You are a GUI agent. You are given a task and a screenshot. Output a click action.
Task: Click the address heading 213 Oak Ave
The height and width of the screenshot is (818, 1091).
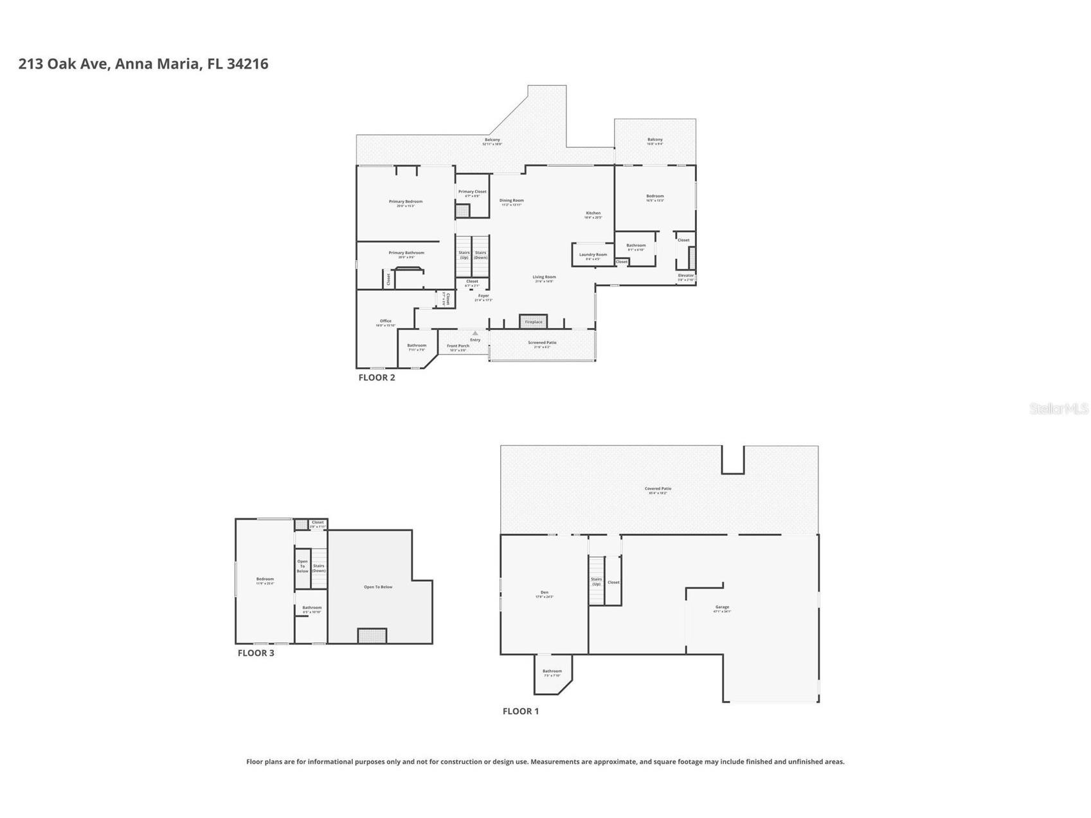[x=143, y=64]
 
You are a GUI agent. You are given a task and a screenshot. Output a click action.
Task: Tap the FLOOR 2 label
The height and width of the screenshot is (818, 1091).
[x=377, y=377]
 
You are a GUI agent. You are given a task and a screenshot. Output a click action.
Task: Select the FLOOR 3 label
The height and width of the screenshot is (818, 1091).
[x=256, y=653]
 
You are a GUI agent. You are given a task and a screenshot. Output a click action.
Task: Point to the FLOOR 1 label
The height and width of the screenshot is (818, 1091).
[x=521, y=711]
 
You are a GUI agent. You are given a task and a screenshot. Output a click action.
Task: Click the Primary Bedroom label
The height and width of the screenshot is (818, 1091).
[x=406, y=202]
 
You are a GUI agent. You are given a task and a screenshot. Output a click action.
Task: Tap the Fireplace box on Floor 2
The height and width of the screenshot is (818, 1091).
[x=533, y=322]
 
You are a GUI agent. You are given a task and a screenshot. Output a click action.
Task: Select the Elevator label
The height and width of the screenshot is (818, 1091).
[x=686, y=276]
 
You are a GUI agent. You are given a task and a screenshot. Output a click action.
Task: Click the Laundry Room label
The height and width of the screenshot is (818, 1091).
[x=593, y=255]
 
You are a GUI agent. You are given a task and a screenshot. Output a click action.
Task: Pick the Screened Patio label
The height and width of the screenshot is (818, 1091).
[x=542, y=343]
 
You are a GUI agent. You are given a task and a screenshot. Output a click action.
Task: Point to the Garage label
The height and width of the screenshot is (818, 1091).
[x=722, y=607]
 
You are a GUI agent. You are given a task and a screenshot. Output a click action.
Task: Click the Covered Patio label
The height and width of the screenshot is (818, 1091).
[x=658, y=489]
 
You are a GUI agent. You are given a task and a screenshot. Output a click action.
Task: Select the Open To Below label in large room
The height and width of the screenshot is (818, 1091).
[x=378, y=587]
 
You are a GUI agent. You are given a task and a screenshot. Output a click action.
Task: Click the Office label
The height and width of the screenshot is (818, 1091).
[x=386, y=321]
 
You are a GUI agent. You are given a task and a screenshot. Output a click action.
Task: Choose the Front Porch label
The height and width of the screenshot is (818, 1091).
[x=458, y=346]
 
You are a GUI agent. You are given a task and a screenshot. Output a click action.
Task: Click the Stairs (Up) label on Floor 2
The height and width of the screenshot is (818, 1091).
[x=464, y=255]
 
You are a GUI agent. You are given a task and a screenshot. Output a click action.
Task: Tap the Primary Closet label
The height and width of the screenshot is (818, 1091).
[x=472, y=192]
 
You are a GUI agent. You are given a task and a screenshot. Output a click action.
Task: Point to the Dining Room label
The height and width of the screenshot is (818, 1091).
[x=512, y=201]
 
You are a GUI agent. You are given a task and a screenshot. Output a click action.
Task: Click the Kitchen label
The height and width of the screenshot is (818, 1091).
[x=593, y=214]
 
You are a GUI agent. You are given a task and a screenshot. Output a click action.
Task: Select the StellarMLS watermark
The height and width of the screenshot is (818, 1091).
[x=1059, y=408]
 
